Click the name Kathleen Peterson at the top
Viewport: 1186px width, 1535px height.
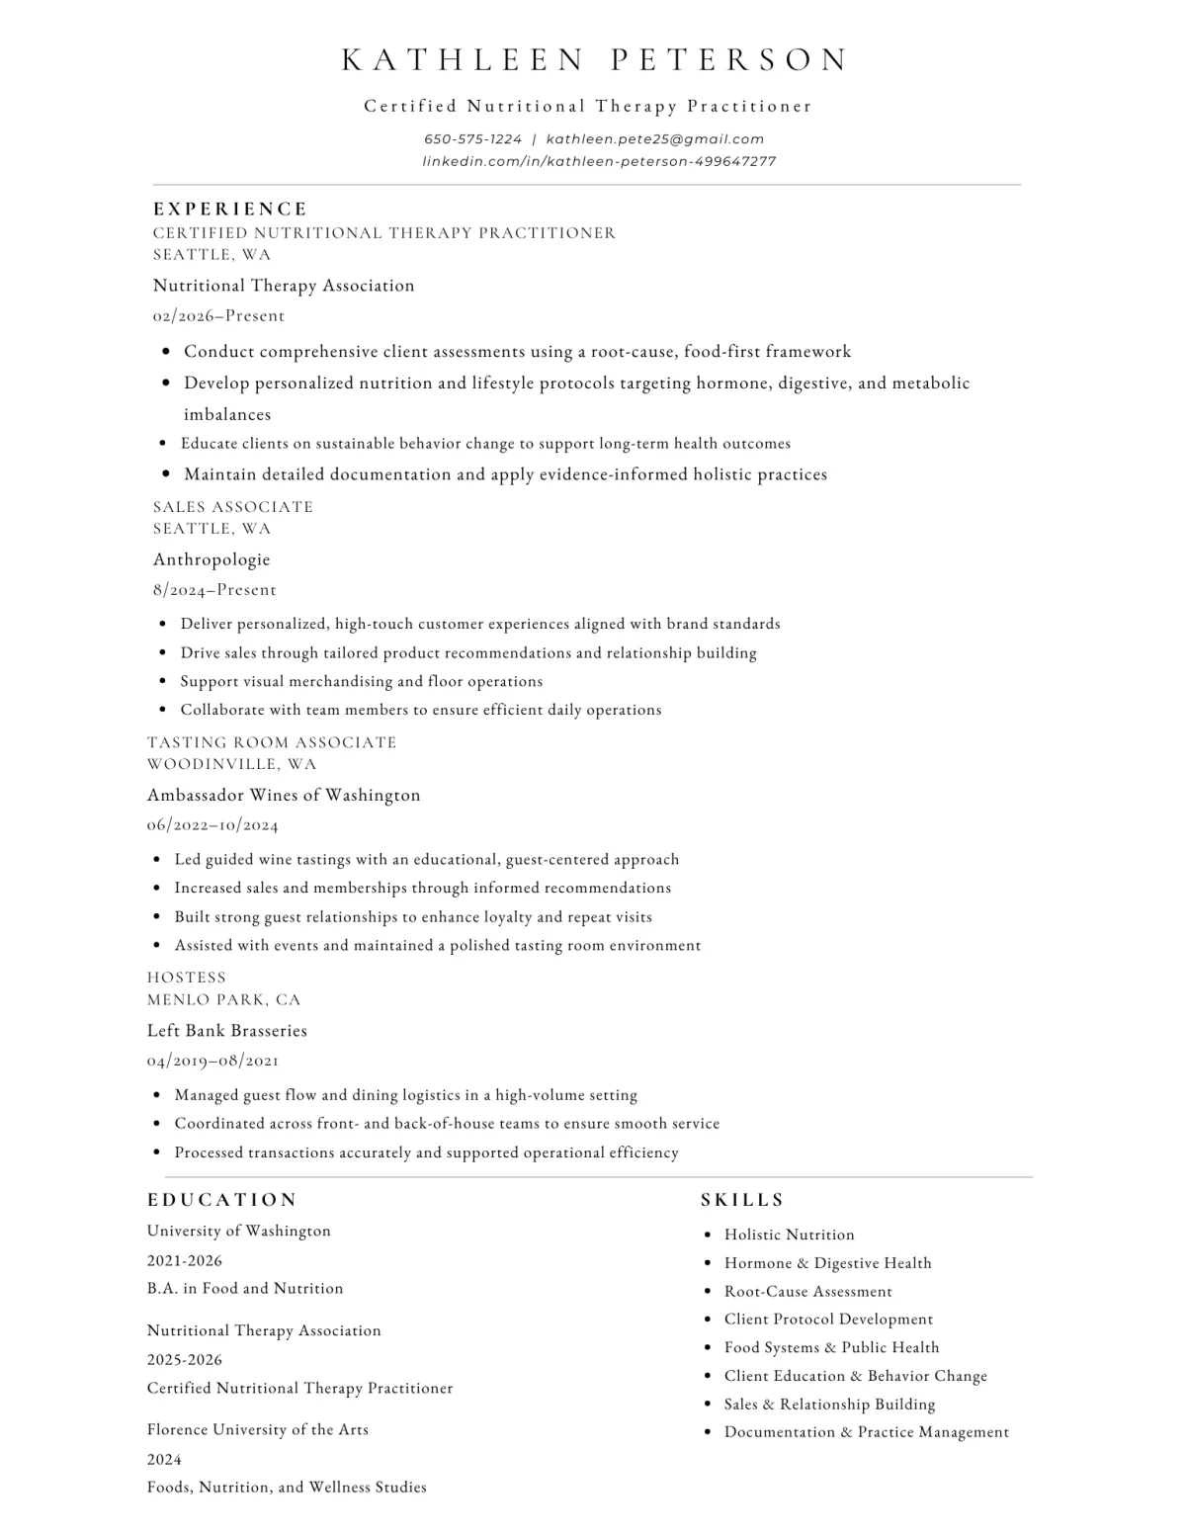click(x=594, y=60)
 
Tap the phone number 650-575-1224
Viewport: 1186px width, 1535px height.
click(x=472, y=139)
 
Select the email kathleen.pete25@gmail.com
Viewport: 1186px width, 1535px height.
click(x=655, y=139)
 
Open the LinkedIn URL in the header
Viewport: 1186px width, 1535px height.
click(x=599, y=161)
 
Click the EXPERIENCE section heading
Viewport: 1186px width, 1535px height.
click(x=230, y=210)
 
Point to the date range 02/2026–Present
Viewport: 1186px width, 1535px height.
click(x=218, y=316)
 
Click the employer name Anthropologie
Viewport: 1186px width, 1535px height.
click(x=212, y=559)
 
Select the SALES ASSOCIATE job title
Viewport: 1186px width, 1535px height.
click(x=233, y=507)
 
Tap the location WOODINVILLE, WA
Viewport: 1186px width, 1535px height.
click(x=232, y=764)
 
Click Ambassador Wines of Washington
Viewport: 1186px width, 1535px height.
click(x=284, y=795)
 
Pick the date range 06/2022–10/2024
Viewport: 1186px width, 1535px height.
click(x=212, y=825)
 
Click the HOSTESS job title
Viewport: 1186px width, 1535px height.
click(x=187, y=978)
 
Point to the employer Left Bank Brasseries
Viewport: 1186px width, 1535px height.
click(x=227, y=1031)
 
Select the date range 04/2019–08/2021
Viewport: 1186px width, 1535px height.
click(x=212, y=1061)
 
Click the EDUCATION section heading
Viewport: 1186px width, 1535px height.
click(x=222, y=1200)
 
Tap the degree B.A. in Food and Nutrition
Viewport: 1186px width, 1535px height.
click(x=245, y=1289)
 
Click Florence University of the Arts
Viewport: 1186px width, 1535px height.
click(x=258, y=1430)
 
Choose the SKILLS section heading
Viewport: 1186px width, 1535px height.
click(x=742, y=1200)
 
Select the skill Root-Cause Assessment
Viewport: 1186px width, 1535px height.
click(x=807, y=1292)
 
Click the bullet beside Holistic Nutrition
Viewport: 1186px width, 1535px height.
click(x=708, y=1236)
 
